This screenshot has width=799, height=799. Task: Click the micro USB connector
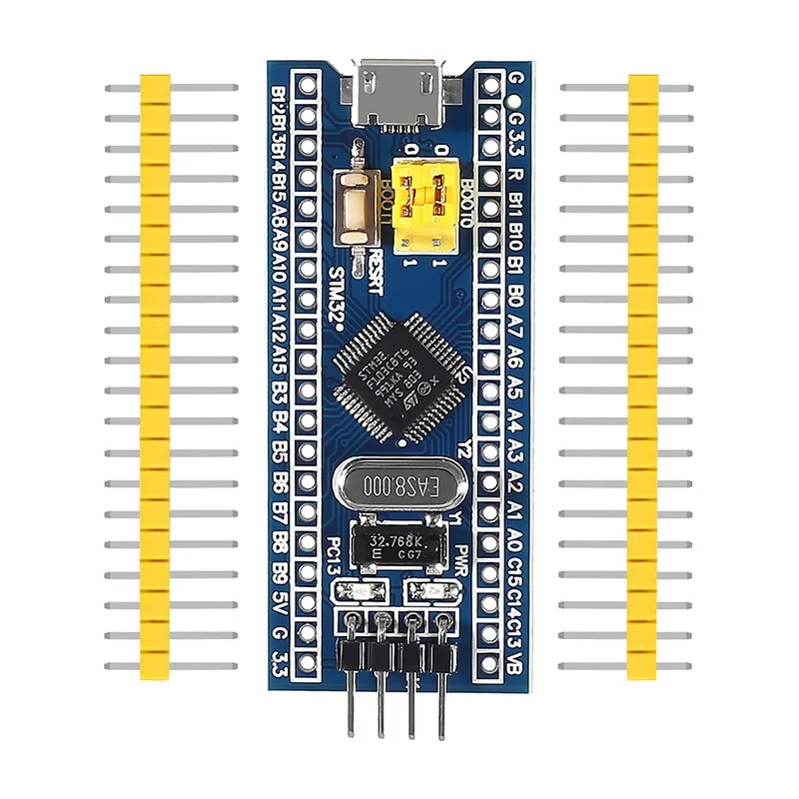click(x=402, y=95)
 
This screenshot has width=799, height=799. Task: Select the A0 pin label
click(x=515, y=544)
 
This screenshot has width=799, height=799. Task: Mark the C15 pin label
click(x=515, y=576)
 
